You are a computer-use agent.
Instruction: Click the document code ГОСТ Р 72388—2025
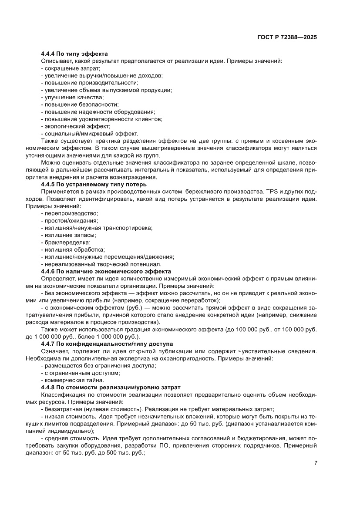[x=287, y=37]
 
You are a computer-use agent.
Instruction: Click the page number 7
[x=316, y=463]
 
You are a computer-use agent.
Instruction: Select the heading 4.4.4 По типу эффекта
[x=74, y=54]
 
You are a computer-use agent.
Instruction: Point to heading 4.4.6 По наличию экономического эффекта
[x=106, y=271]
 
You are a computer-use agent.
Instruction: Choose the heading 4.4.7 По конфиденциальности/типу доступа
[x=107, y=344]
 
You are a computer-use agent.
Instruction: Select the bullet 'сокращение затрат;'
[x=71, y=68]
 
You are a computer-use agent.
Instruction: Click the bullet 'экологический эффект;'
[x=76, y=126]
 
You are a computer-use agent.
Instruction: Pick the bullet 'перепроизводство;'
[x=70, y=213]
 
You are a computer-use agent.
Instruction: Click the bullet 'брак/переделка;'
[x=66, y=242]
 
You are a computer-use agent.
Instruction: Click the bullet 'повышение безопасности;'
[x=80, y=104]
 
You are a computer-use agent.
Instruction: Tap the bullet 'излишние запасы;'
[x=68, y=235]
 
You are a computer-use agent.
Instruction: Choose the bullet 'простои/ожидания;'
[x=69, y=221]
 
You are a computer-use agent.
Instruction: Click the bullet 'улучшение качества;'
[x=72, y=98]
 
